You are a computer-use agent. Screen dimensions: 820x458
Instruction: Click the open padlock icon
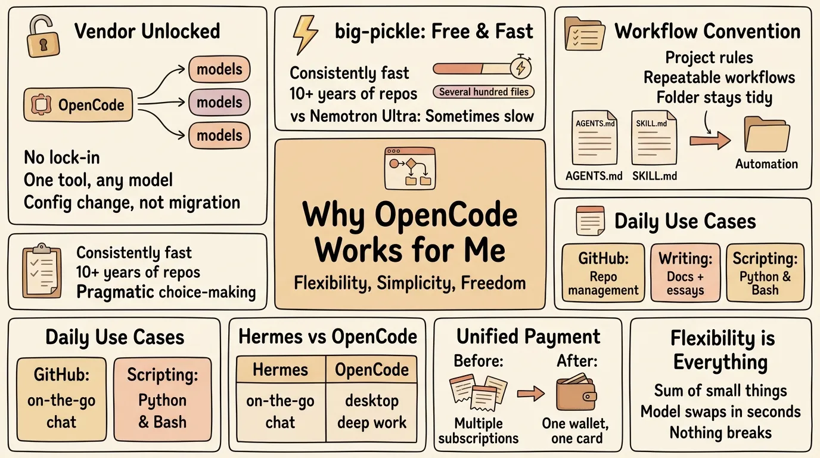pyautogui.click(x=43, y=36)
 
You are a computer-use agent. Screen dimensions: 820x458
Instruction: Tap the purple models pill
pyautogui.click(x=219, y=102)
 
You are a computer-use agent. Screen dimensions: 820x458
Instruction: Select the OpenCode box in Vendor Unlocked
pyautogui.click(x=78, y=105)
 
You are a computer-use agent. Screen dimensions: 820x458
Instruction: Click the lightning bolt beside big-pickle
pyautogui.click(x=305, y=35)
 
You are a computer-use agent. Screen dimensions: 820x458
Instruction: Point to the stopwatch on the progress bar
pyautogui.click(x=521, y=67)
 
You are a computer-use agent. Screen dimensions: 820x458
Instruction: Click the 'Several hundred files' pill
pyautogui.click(x=483, y=92)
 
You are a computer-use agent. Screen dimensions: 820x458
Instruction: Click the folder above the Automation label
pyautogui.click(x=767, y=134)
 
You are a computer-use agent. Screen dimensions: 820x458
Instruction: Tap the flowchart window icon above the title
pyautogui.click(x=410, y=169)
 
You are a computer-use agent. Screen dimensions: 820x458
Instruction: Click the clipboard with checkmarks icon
pyautogui.click(x=42, y=271)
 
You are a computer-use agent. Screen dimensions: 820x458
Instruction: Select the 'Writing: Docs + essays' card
pyautogui.click(x=685, y=273)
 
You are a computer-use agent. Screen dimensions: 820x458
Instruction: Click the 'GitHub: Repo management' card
pyautogui.click(x=603, y=273)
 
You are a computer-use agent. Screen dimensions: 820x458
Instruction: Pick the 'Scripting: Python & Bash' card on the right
pyautogui.click(x=765, y=273)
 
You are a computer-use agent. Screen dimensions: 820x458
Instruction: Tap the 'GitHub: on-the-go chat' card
pyautogui.click(x=61, y=400)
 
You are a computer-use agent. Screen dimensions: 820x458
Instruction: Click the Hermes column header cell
pyautogui.click(x=281, y=369)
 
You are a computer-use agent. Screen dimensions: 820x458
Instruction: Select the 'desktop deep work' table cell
pyautogui.click(x=372, y=412)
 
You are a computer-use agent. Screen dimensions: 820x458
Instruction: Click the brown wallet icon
pyautogui.click(x=576, y=393)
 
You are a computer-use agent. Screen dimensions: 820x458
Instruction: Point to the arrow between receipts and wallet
pyautogui.click(x=531, y=394)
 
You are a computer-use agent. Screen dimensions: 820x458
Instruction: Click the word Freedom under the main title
pyautogui.click(x=493, y=283)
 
